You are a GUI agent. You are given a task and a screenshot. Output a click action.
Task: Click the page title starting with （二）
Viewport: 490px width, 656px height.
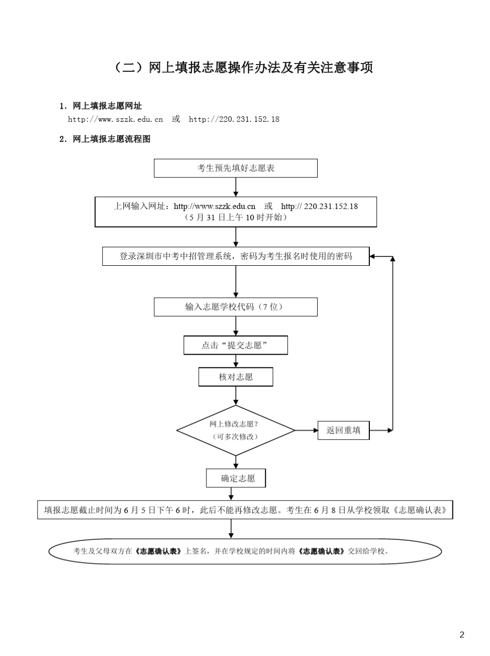coord(242,68)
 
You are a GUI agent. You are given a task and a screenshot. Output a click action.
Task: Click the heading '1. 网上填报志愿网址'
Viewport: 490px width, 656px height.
coord(101,106)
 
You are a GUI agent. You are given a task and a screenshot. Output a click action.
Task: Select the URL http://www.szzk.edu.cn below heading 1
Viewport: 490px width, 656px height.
coord(116,119)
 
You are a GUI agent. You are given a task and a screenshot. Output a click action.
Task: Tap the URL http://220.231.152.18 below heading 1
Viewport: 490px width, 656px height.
coord(234,119)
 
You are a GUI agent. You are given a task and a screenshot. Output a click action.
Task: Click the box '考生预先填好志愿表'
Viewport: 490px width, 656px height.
coord(236,168)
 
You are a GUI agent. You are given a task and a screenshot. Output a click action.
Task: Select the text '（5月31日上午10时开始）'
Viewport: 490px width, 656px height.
coord(236,217)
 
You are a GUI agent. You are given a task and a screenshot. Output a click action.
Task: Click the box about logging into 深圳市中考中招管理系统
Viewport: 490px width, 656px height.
coord(236,256)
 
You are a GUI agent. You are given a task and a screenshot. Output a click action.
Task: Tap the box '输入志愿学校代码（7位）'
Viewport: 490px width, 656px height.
coord(236,307)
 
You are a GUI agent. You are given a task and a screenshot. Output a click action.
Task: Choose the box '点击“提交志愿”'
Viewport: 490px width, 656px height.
coord(236,345)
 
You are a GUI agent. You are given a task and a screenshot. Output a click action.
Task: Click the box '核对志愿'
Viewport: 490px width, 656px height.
coord(236,377)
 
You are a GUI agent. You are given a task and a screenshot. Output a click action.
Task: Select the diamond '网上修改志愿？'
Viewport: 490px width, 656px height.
coord(236,430)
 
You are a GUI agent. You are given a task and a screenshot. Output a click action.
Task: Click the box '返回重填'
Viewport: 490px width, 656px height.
coord(344,430)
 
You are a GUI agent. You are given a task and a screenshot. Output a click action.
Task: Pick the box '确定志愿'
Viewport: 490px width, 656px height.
coord(236,478)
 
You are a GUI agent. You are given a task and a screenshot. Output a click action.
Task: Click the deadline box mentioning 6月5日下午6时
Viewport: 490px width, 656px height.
coord(245,510)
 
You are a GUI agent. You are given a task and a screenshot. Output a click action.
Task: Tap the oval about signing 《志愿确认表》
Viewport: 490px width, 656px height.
coord(245,551)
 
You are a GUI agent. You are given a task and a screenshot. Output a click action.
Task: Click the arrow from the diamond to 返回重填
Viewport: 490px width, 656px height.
coord(307,430)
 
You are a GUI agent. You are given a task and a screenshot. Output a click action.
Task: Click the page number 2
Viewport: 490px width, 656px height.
coord(462,635)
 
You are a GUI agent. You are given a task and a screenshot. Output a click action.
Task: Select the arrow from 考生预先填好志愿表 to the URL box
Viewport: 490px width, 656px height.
coord(236,187)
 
